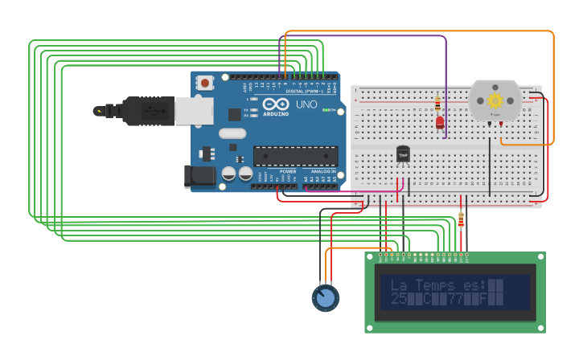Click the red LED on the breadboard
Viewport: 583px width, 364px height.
[440, 122]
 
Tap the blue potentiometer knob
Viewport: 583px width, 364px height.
[325, 298]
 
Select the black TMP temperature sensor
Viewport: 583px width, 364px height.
[403, 153]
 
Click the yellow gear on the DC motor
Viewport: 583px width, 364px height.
[495, 100]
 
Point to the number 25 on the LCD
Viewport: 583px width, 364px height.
[398, 299]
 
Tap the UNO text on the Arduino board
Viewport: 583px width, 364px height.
[307, 104]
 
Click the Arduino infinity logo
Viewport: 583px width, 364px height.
[275, 104]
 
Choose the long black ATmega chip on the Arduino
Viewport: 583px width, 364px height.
[295, 155]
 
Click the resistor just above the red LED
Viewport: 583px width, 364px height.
[437, 104]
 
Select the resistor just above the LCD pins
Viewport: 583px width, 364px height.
[461, 219]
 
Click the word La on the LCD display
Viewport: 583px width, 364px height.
[398, 285]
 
